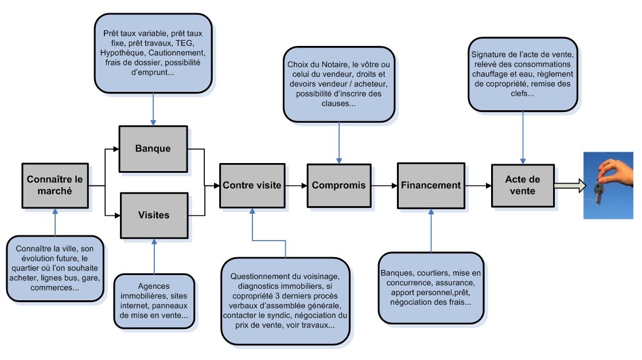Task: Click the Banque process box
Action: pos(153,148)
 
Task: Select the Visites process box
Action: pos(153,215)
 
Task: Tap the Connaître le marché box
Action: pos(55,185)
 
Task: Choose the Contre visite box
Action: pos(252,185)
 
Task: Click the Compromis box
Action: pos(338,185)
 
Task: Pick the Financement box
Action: pos(430,185)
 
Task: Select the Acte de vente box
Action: pos(523,185)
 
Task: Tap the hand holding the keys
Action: pos(611,169)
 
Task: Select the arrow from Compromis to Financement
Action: pos(384,185)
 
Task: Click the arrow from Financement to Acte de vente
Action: pos(477,185)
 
